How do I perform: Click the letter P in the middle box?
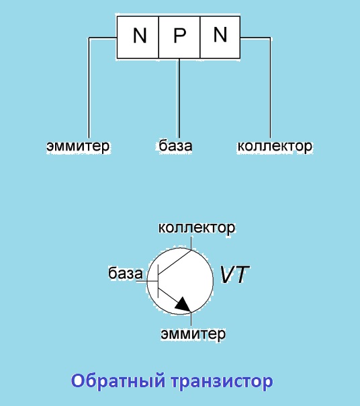click(179, 35)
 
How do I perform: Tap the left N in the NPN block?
click(140, 35)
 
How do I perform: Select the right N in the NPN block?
click(220, 34)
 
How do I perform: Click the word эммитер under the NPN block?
click(78, 146)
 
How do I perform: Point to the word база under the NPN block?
click(175, 145)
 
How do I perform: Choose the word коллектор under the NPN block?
click(275, 146)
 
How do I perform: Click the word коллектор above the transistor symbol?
click(197, 228)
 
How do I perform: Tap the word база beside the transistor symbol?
click(126, 273)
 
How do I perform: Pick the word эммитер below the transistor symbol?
click(193, 333)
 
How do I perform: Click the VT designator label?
click(234, 274)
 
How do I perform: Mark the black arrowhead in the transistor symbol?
click(184, 304)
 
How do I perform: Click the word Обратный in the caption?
click(118, 381)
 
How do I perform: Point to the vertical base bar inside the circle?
click(158, 281)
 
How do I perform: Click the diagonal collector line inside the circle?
click(175, 262)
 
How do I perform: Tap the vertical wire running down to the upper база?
click(179, 98)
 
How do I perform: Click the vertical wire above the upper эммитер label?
click(89, 88)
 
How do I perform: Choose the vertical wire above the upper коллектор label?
click(271, 88)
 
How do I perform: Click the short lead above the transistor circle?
click(191, 243)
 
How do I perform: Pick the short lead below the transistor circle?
click(191, 319)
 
